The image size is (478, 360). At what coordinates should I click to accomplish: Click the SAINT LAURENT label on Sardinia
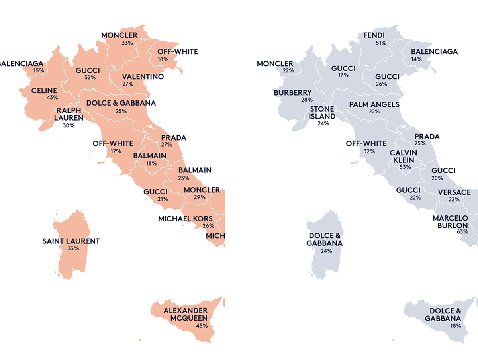(71, 241)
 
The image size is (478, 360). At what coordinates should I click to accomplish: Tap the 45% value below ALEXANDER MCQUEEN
(202, 325)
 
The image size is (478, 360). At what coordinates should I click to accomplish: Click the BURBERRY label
(293, 93)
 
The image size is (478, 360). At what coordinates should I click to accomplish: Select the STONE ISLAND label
(321, 112)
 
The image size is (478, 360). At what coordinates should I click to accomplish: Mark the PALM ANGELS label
(374, 104)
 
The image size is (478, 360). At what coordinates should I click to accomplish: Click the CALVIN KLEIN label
(404, 156)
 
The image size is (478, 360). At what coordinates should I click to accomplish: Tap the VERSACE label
(454, 192)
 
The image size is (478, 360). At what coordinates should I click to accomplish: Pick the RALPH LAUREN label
(69, 114)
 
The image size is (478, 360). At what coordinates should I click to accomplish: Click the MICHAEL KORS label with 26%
(185, 219)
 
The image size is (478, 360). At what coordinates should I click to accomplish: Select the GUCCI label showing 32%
(88, 70)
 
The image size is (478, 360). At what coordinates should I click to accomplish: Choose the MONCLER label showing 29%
(202, 190)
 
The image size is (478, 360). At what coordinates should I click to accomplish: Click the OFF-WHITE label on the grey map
(366, 143)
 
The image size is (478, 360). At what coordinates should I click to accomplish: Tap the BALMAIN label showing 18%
(149, 156)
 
